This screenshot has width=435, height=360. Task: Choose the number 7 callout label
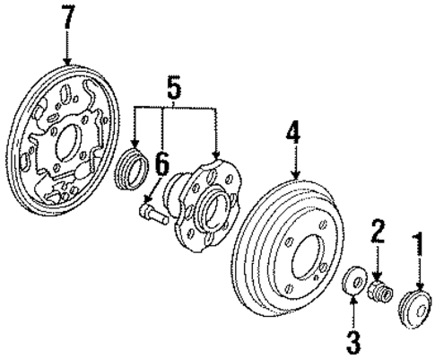[x=69, y=19]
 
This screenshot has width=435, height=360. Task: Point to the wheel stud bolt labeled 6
[x=152, y=212]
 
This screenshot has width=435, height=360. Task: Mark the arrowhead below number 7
[x=69, y=60]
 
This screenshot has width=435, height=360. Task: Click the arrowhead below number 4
[x=294, y=172]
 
